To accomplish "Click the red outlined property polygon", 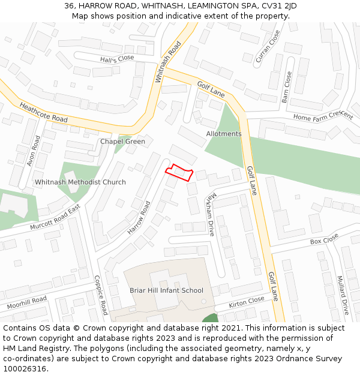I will click(179, 173).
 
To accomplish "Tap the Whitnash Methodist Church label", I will click(80, 182).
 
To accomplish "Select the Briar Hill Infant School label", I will click(166, 290).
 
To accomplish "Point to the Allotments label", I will click(224, 134).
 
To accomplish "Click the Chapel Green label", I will click(122, 142).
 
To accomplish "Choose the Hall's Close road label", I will click(117, 58).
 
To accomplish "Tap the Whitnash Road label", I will click(167, 62).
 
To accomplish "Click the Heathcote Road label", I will click(43, 112).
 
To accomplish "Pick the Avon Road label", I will click(34, 151).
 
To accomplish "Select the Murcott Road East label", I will click(56, 218).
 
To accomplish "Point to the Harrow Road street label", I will click(139, 218).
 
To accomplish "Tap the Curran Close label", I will click(268, 47).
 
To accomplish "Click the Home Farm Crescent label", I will click(323, 116).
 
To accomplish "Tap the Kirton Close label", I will click(246, 302).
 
